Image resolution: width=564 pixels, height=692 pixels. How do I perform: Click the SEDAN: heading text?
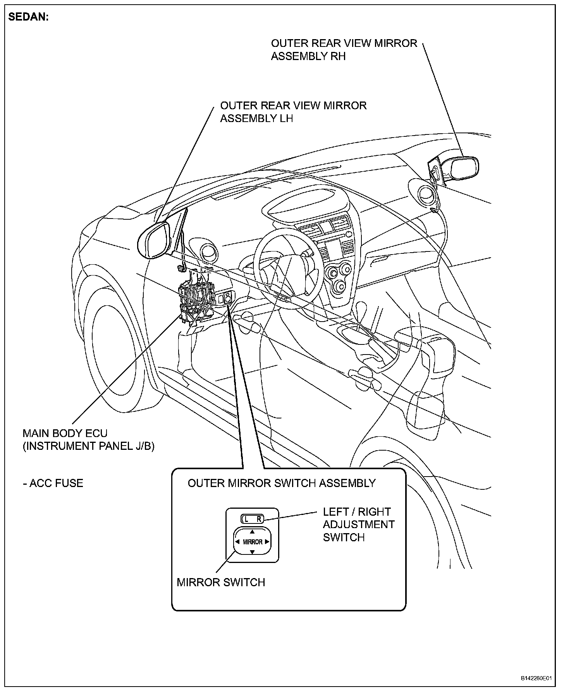pos(29,17)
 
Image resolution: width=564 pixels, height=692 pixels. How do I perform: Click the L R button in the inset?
pos(252,519)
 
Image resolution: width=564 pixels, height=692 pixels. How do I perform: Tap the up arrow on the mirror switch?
pos(252,532)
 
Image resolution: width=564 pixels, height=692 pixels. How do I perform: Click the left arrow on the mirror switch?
pos(237,542)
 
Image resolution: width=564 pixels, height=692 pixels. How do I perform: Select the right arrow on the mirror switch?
pos(267,542)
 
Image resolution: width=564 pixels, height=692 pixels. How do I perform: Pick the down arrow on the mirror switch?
pos(252,552)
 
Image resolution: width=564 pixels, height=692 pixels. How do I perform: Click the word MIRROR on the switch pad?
pos(253,542)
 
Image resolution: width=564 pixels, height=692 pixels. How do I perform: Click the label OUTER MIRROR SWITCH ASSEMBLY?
pos(282,483)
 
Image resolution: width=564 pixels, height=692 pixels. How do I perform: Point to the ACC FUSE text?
pos(53,483)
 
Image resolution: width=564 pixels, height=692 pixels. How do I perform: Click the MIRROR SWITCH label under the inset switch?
pos(221,582)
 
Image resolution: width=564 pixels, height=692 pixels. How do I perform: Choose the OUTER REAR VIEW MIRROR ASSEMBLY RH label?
pos(344,49)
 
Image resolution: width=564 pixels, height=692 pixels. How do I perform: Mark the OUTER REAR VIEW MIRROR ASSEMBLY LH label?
pos(293,112)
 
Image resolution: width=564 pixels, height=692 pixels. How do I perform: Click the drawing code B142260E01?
pos(536,678)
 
